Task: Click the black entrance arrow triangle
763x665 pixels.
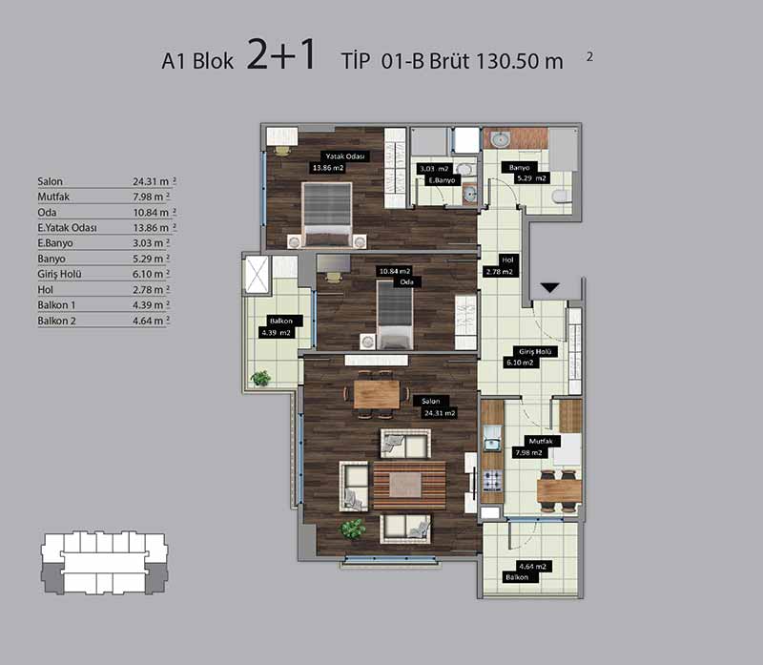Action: pos(550,288)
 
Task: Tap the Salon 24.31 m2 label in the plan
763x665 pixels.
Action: pos(436,407)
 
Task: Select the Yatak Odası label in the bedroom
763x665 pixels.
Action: pos(345,156)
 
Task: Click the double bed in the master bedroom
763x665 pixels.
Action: pos(326,214)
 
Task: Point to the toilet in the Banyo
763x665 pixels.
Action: pos(562,196)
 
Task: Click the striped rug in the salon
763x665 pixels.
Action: pos(409,485)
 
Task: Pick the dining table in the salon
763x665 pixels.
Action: pos(377,394)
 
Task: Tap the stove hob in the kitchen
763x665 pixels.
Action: pos(492,481)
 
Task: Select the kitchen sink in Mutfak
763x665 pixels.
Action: pos(492,442)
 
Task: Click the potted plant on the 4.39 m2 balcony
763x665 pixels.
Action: pos(260,378)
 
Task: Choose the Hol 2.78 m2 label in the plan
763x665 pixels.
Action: pos(502,266)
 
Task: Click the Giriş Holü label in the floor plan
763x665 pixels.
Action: pos(534,351)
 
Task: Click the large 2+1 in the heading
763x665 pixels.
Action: pos(281,55)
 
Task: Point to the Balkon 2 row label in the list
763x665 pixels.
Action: pos(56,321)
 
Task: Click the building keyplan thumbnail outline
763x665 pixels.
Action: pos(104,563)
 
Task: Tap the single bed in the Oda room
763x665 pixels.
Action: pos(395,315)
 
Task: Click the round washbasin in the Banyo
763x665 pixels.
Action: pos(499,139)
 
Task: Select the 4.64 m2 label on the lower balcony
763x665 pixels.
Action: pos(532,567)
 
